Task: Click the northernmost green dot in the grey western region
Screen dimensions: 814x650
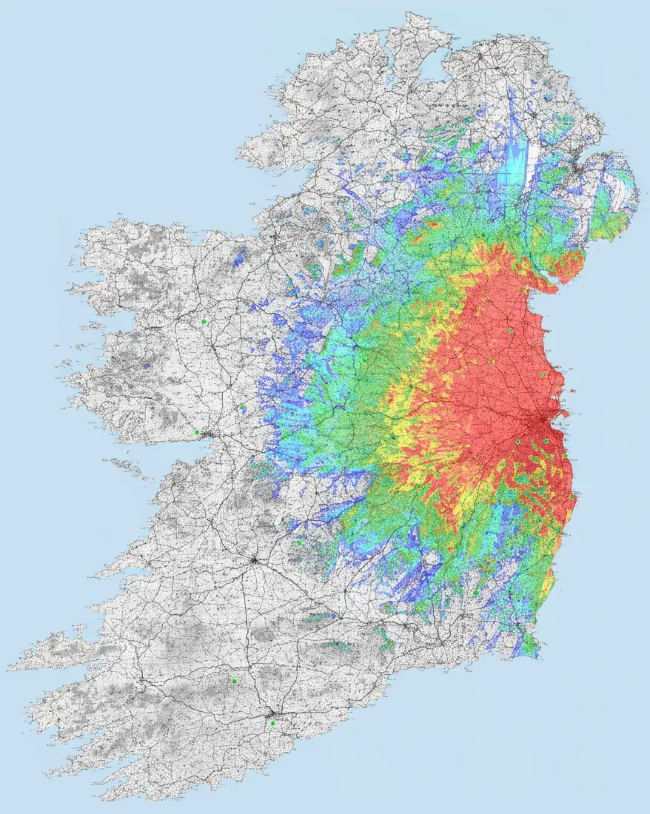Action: point(203,321)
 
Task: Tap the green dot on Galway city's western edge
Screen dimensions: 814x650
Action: point(197,432)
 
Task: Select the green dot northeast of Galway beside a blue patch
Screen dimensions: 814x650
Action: point(243,407)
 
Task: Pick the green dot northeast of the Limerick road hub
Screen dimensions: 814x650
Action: point(299,542)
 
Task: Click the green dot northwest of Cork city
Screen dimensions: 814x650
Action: point(234,681)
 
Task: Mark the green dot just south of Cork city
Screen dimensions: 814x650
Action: point(272,723)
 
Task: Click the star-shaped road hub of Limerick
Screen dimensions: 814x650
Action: point(254,561)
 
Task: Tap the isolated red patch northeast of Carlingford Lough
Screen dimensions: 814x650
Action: point(571,266)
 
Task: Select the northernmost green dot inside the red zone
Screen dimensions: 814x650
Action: point(511,331)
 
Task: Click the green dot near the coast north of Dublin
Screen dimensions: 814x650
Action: point(542,374)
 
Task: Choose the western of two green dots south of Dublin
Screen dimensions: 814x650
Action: point(518,442)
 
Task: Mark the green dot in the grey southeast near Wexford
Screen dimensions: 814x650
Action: point(475,592)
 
